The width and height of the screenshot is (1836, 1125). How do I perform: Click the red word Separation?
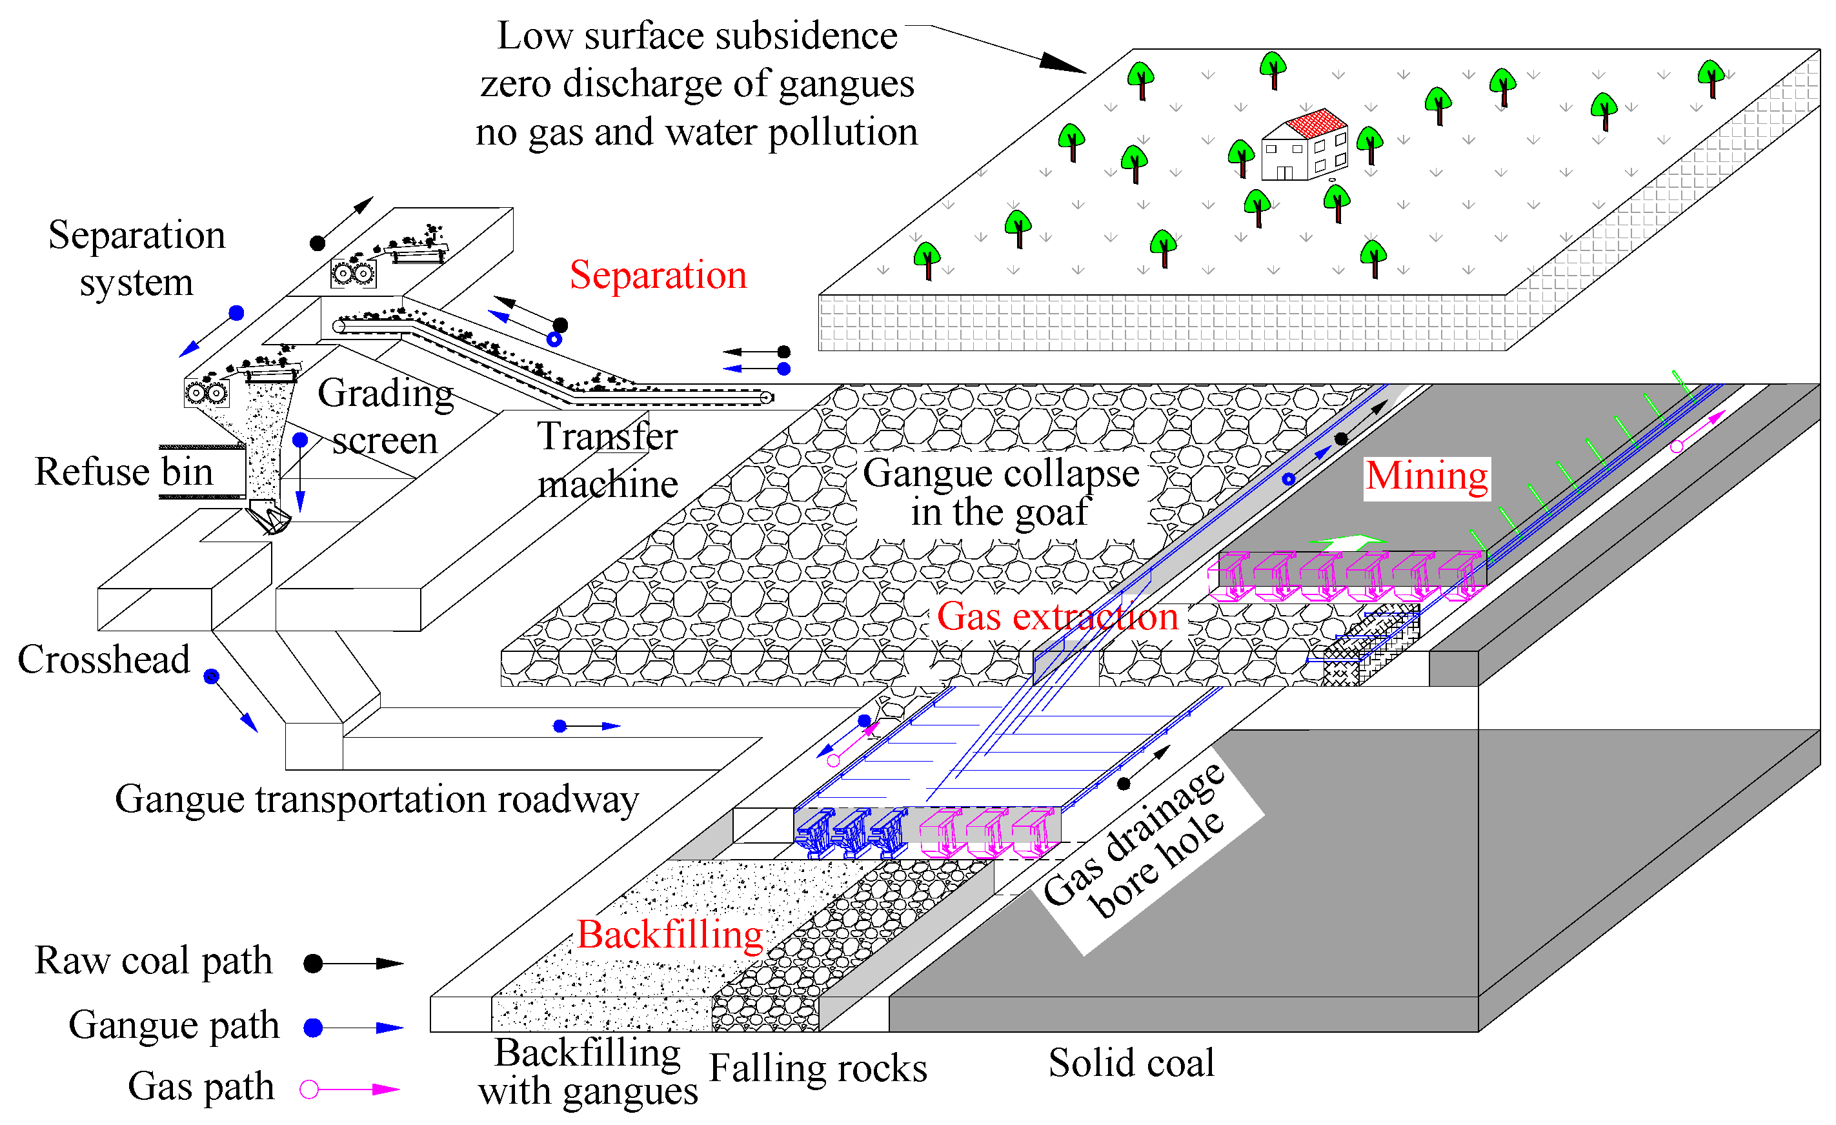pos(658,276)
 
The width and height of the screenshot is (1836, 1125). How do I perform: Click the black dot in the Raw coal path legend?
pos(314,964)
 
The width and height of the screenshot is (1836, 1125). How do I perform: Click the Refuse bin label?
pos(125,472)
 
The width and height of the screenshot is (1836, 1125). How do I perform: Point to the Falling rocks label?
pos(818,1068)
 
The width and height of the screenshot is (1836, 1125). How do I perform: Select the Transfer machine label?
pos(607,460)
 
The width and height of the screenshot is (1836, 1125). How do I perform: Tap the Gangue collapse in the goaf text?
pos(1001,492)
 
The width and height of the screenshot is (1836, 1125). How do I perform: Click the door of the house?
pos(1285,173)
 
